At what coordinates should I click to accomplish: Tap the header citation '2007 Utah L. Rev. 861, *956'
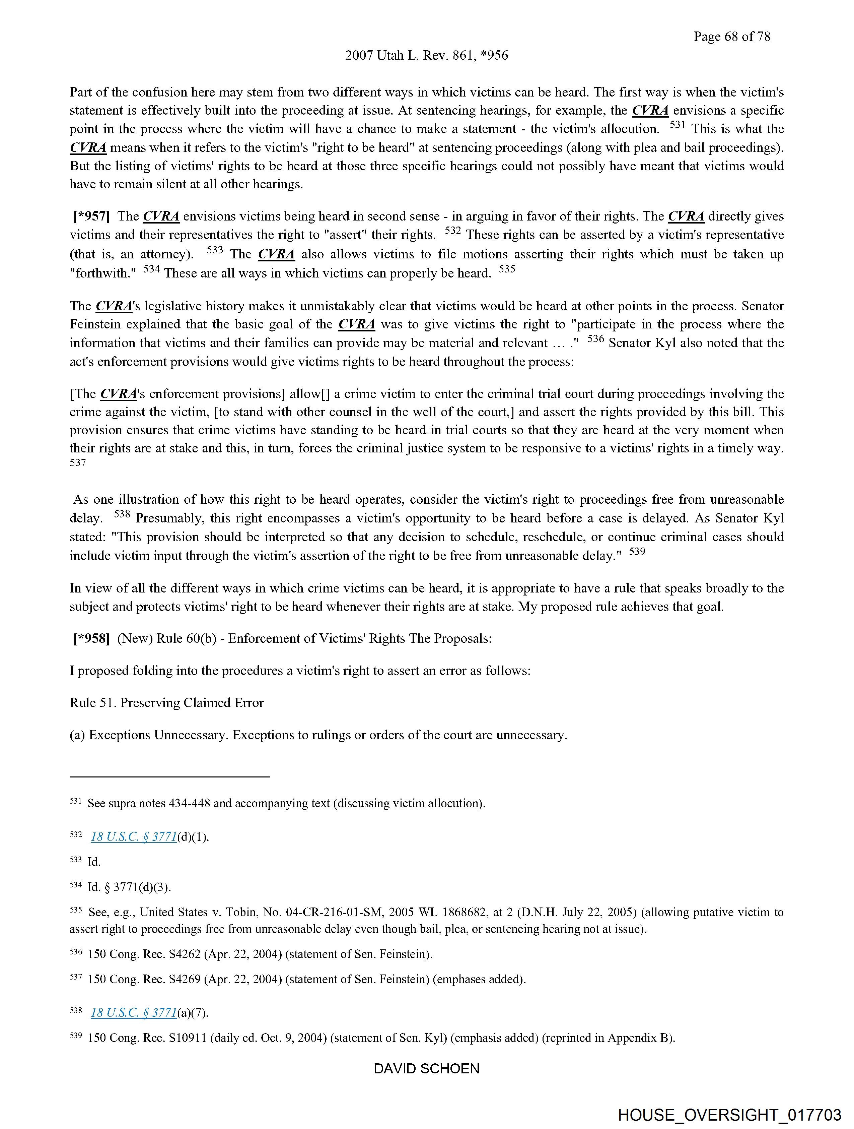click(426, 56)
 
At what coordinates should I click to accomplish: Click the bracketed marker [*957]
click(91, 216)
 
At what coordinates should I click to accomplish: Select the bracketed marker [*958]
click(91, 638)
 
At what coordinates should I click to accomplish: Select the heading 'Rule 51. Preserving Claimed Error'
click(166, 703)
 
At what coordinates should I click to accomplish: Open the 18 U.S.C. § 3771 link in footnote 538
click(134, 1013)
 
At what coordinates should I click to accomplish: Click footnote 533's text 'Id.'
click(94, 862)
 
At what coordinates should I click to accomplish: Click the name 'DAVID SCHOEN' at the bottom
click(426, 1069)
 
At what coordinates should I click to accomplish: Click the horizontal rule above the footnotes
click(169, 777)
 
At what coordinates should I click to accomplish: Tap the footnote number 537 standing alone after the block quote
click(78, 463)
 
